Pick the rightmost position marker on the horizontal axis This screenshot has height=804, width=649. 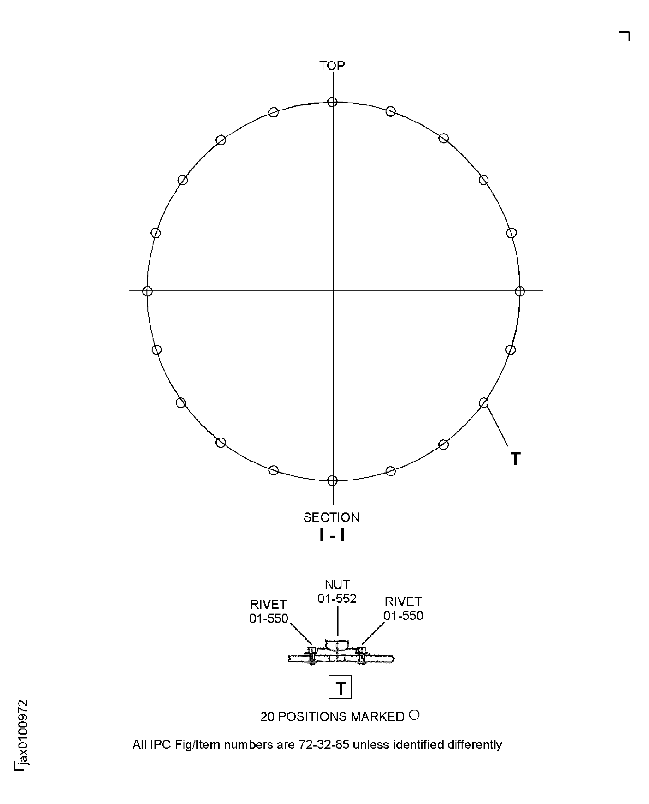(x=520, y=291)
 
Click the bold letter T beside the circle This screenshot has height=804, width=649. (x=515, y=459)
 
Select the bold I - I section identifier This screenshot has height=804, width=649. (x=332, y=535)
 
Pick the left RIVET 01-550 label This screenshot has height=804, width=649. (x=268, y=611)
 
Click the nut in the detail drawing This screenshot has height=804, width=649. (x=337, y=645)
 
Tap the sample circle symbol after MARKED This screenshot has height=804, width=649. (x=415, y=715)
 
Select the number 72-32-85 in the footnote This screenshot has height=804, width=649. (x=324, y=745)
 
